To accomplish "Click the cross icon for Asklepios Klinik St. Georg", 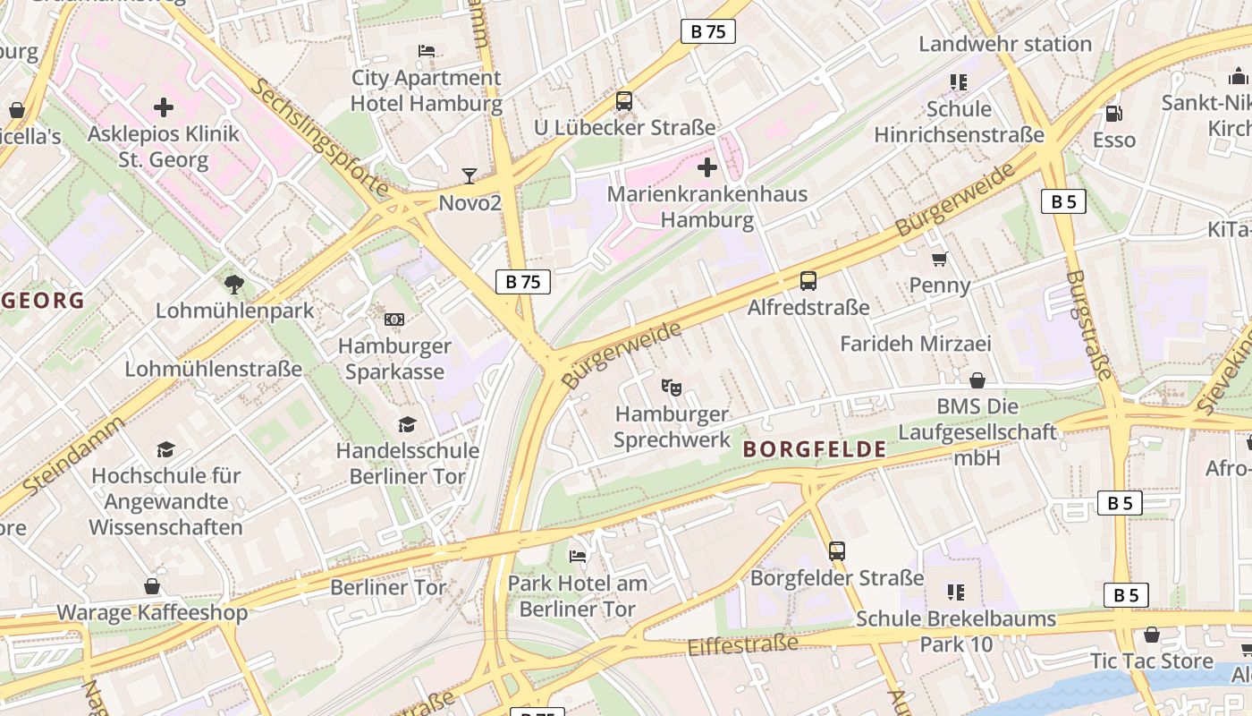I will (x=164, y=108).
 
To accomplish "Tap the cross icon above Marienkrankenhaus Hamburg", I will (x=707, y=167).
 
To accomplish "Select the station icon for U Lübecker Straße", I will (x=624, y=101).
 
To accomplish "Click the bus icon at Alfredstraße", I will (x=808, y=281).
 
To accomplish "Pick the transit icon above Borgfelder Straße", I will (x=837, y=551).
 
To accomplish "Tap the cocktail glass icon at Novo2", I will (x=469, y=175).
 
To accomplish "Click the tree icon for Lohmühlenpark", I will (x=234, y=285).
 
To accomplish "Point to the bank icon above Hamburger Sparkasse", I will (x=394, y=320).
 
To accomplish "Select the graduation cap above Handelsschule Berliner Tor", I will (x=408, y=424).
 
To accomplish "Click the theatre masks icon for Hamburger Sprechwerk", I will (x=672, y=388).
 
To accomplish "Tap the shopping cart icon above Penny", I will (x=939, y=260).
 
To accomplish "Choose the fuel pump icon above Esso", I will (x=1113, y=114).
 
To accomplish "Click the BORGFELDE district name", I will (x=814, y=450).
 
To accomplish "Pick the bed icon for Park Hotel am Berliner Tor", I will (x=578, y=557).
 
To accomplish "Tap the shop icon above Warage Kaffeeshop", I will (x=152, y=587).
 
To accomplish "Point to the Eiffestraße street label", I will (x=742, y=644).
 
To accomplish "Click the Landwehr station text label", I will (x=1005, y=44).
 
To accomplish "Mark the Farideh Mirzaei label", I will (x=916, y=344).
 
